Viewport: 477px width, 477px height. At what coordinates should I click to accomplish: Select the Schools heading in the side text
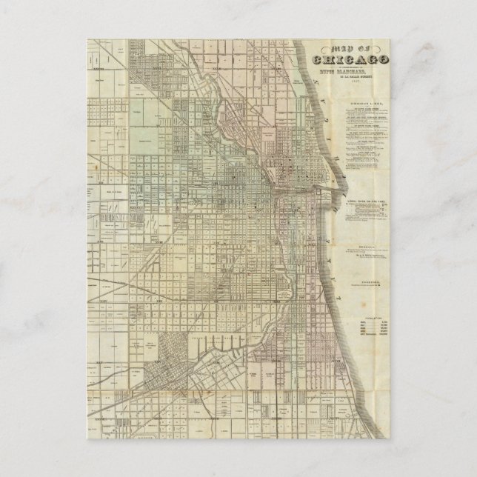369,247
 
